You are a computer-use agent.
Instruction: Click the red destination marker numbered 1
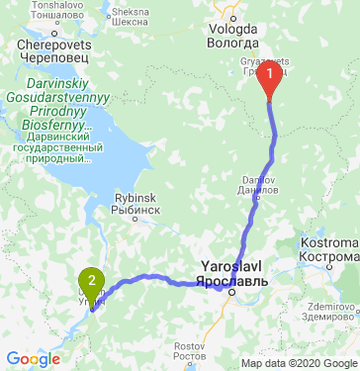pos(269,85)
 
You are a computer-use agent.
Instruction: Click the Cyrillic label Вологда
pos(232,43)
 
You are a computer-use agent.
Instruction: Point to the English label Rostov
pos(188,345)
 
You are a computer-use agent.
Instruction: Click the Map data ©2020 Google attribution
pos(297,363)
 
